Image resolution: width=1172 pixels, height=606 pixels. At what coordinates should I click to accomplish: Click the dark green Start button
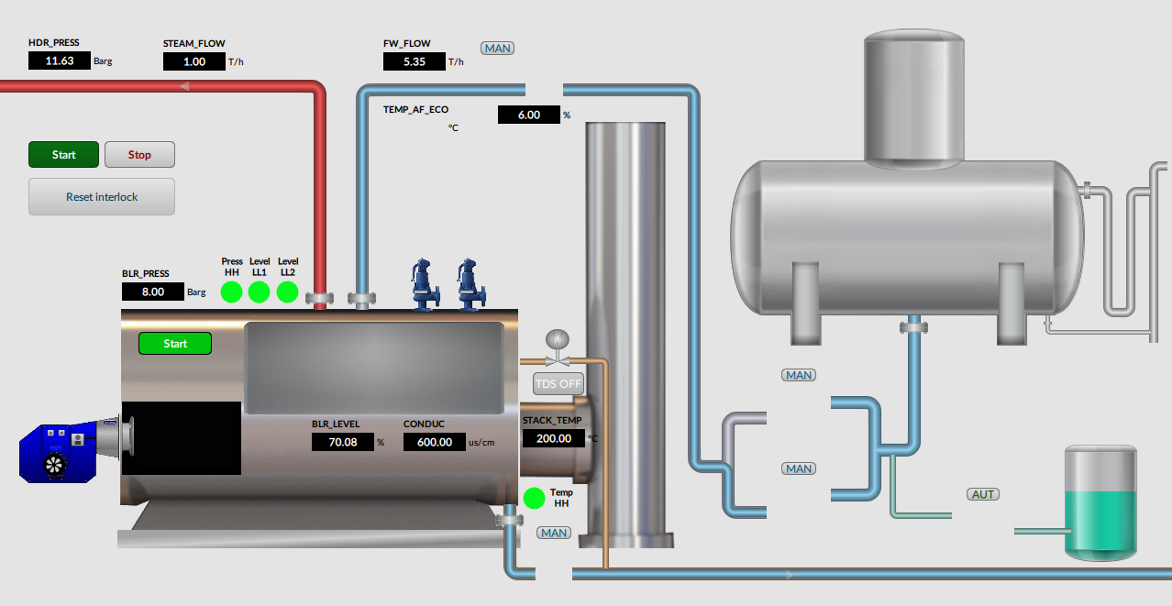coord(63,155)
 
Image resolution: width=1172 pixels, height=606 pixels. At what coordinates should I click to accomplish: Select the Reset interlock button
coord(102,196)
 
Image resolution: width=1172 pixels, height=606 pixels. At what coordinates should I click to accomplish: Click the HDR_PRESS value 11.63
coord(59,61)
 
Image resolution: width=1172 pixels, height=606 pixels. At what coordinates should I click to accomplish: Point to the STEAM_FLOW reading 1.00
coord(194,61)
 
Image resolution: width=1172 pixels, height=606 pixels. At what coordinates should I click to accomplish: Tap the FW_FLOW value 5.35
coord(415,61)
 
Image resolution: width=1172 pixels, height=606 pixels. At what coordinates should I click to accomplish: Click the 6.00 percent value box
coord(529,115)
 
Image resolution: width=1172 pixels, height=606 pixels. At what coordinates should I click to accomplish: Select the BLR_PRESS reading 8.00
coord(153,292)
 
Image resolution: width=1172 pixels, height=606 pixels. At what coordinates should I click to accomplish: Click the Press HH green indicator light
coord(231,292)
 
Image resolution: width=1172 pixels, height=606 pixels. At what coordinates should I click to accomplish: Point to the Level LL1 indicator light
coord(259,292)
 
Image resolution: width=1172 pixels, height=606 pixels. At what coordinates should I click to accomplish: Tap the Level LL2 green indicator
coord(287,292)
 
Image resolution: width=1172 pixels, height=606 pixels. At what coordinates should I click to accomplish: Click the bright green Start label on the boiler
coord(175,344)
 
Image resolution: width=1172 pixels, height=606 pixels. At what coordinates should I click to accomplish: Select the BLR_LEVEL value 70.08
coord(343,442)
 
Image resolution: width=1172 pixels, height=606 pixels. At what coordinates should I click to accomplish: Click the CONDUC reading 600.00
coord(435,442)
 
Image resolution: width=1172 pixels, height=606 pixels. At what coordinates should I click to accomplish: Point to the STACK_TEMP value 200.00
coord(554,438)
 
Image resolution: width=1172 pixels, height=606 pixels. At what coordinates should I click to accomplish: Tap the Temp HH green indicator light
coord(535,499)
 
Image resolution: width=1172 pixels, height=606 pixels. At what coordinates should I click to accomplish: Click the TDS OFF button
coord(558,384)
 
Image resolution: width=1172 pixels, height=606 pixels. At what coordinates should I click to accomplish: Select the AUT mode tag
coord(983,494)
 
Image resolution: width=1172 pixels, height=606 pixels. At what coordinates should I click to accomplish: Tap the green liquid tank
coord(1100,503)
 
